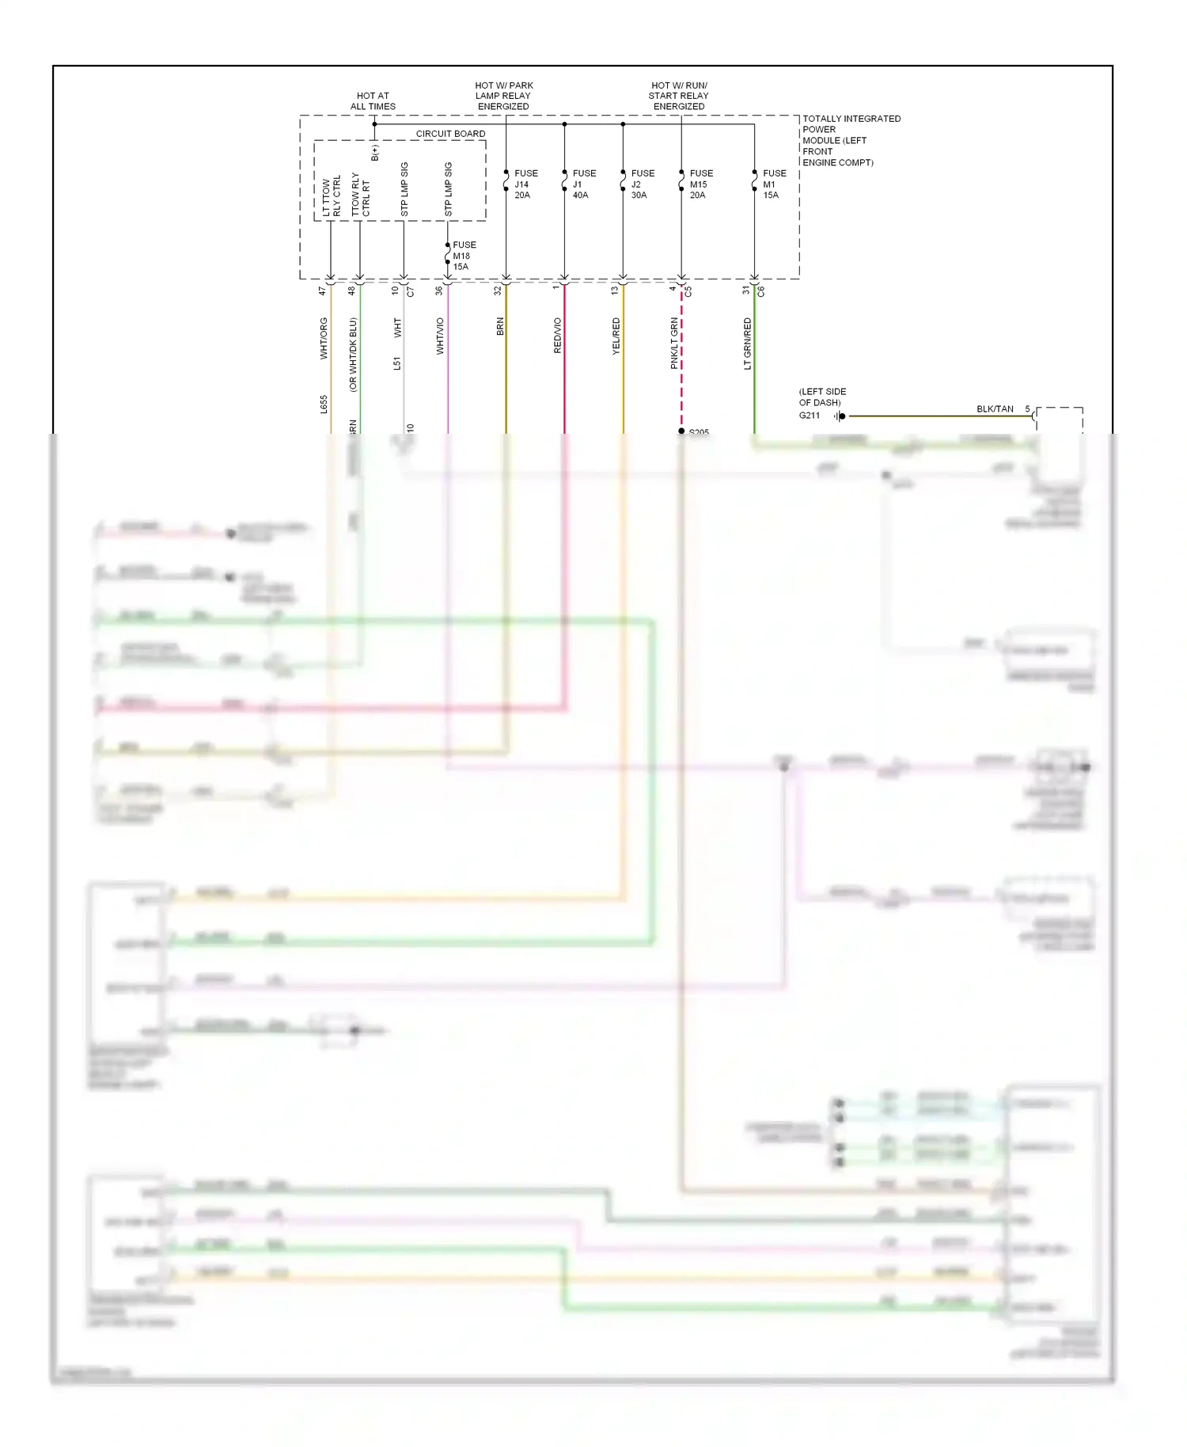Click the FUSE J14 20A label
point(525,184)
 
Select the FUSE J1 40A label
point(584,184)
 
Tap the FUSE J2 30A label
point(643,184)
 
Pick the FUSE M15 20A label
point(700,184)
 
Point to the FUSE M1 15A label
point(774,184)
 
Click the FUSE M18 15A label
point(464,256)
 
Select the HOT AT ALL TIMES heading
point(373,101)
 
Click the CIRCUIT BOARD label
point(450,134)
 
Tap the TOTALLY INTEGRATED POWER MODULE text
point(851,140)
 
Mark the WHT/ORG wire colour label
point(324,339)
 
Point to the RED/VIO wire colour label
point(557,336)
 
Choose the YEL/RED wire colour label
point(616,336)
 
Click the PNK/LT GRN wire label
point(674,344)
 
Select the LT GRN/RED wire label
point(747,344)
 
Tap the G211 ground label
point(809,416)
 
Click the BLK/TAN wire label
point(995,409)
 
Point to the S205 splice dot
point(681,431)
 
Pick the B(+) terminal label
point(375,153)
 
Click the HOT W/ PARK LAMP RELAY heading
point(504,96)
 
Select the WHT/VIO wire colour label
point(440,336)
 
